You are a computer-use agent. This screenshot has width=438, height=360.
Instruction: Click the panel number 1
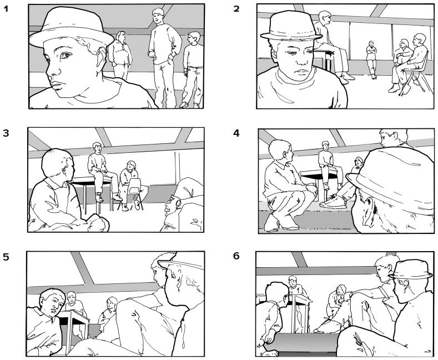coord(6,9)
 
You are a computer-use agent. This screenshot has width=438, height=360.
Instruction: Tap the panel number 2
coord(236,9)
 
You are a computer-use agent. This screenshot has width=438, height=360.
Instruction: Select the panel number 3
coord(6,133)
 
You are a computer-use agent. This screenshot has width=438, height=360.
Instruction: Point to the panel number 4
coord(236,133)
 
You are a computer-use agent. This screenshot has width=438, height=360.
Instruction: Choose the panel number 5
coord(6,257)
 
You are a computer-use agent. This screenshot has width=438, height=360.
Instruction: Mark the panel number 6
coord(236,256)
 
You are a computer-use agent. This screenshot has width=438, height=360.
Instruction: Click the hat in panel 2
coord(291,27)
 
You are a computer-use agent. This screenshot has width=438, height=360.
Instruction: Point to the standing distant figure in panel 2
coord(371,59)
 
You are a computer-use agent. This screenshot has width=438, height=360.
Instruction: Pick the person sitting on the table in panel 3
coord(102,171)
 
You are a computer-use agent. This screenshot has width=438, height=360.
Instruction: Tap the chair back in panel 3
coord(134,186)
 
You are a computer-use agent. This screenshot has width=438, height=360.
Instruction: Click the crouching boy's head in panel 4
coord(281,151)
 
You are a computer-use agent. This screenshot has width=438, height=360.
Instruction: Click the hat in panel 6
coord(411,269)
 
